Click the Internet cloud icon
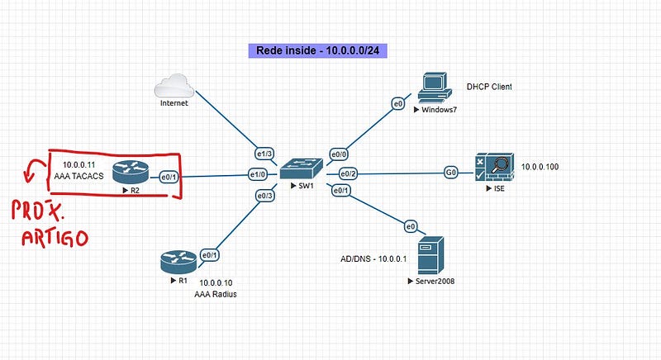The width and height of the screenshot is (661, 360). [174, 86]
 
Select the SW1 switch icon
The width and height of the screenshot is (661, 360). [302, 169]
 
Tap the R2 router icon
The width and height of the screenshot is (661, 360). [131, 173]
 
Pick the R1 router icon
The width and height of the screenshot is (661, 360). [178, 262]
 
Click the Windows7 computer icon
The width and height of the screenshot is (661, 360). [435, 88]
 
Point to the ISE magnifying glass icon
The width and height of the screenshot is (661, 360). [494, 167]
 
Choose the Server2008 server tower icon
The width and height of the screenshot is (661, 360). [430, 255]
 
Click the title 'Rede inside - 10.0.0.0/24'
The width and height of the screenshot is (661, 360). [318, 50]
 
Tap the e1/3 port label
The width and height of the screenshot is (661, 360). [264, 154]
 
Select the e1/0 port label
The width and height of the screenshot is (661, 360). [258, 174]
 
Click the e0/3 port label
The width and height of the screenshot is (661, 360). [265, 196]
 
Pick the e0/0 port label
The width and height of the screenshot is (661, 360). [339, 154]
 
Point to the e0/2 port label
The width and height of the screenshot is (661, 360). [348, 173]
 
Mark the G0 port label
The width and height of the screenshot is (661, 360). [451, 173]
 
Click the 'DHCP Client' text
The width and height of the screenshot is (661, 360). [489, 87]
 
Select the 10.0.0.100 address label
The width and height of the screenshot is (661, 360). [540, 167]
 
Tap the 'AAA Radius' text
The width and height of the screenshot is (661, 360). [216, 294]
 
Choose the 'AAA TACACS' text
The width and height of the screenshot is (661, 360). [78, 176]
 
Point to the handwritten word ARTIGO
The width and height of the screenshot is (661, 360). [55, 238]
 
